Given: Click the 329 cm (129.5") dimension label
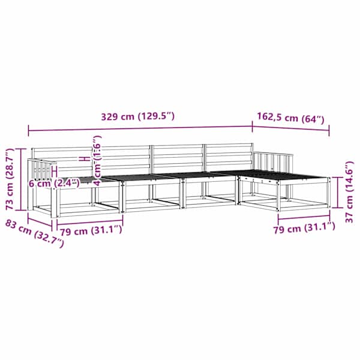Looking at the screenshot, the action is pos(138,116).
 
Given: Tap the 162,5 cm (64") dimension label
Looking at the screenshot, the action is pos(290,118).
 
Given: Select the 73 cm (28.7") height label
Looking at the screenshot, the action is pos(10,179).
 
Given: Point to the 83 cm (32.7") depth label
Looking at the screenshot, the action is pos(34,233).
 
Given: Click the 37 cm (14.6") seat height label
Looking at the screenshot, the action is pos(349,192).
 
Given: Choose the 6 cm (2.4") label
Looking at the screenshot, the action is pos(54,183).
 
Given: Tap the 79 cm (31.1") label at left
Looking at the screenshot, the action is pos(91,231).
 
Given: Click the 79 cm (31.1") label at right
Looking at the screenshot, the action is pos(304,228).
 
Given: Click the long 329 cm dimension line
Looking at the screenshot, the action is pos(140,128).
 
